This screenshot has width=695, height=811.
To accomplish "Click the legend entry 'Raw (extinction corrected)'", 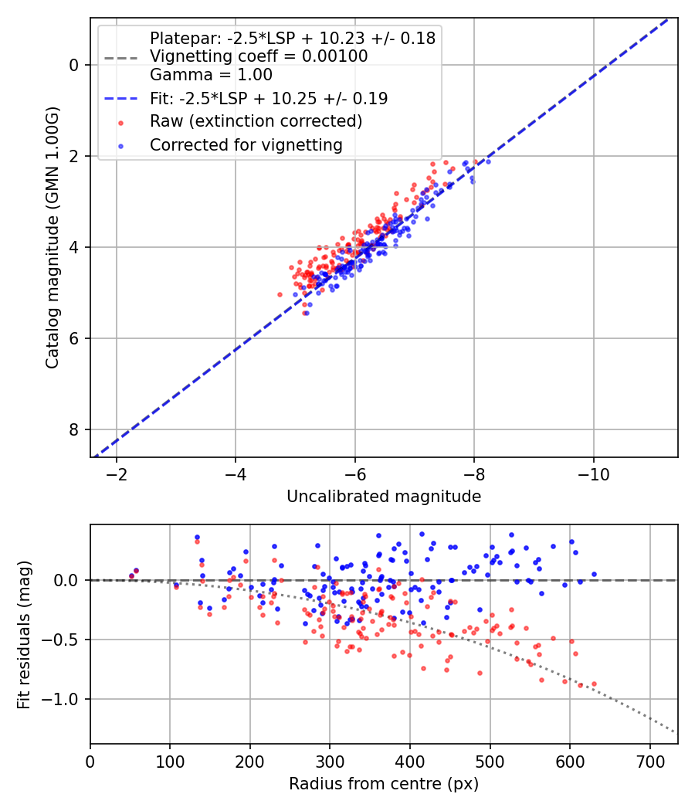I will [256, 121].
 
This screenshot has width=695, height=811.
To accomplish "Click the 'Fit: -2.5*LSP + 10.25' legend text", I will [269, 98].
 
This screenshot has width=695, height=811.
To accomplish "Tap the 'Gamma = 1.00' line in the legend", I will [211, 75].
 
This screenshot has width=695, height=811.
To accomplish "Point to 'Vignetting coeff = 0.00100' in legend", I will [259, 56].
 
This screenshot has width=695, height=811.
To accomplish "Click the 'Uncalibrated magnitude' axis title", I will [384, 497].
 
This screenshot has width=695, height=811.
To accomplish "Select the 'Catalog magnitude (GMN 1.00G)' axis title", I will [52, 238].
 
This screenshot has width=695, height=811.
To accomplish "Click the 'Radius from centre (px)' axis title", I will [384, 784].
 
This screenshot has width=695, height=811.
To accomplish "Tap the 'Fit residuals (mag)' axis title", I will [24, 634].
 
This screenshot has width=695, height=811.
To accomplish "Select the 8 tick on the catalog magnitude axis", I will [74, 429].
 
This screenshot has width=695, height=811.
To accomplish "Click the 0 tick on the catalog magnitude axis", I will [74, 65].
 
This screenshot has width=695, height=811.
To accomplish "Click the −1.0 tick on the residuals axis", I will [63, 699].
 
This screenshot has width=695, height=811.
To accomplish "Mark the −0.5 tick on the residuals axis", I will [63, 640].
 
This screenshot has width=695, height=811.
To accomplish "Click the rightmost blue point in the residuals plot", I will [594, 574].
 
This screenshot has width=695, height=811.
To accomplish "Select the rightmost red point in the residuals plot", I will [594, 684].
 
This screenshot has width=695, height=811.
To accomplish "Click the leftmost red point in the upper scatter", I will [280, 294].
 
